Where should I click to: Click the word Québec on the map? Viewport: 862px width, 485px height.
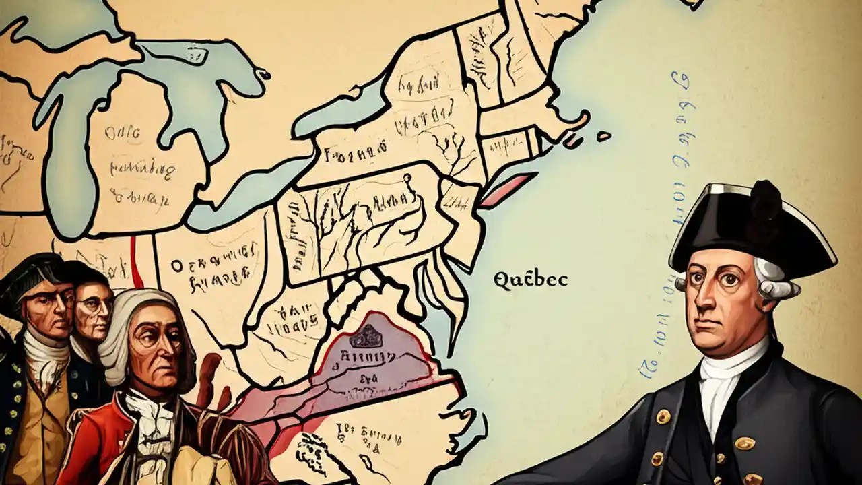coord(531,280)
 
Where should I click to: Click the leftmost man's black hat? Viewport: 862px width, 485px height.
coord(30,269)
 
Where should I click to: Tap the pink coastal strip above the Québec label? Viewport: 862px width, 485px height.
coord(508,190)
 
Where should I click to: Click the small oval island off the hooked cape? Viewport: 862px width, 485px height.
coord(603,136)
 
